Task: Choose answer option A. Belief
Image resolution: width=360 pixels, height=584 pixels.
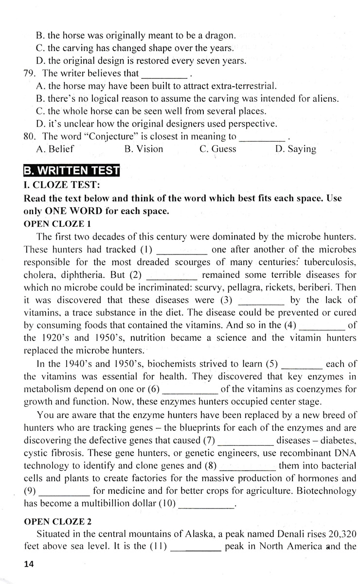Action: (55, 149)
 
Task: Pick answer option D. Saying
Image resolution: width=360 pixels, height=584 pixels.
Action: (295, 149)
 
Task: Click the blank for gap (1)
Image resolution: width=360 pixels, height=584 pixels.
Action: (183, 251)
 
